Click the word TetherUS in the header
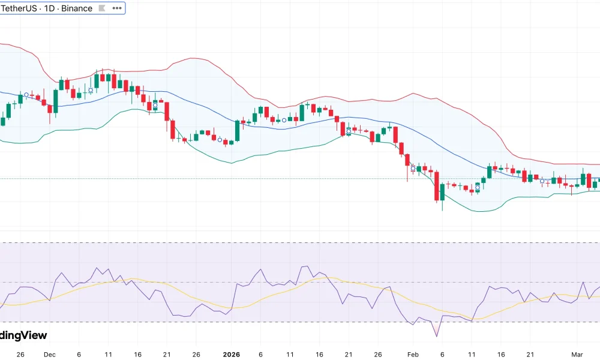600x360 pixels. (19, 8)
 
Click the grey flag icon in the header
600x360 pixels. (102, 8)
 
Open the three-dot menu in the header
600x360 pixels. (117, 8)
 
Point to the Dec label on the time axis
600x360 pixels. (50, 355)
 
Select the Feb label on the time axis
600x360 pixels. (413, 355)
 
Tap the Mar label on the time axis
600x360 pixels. (577, 355)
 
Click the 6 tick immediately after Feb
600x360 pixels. (442, 355)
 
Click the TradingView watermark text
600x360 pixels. (23, 335)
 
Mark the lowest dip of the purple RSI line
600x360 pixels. (436, 335)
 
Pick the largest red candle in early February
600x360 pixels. (437, 187)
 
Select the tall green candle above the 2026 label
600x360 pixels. (238, 131)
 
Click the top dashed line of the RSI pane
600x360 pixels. (300, 242)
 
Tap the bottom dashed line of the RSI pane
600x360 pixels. (300, 322)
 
